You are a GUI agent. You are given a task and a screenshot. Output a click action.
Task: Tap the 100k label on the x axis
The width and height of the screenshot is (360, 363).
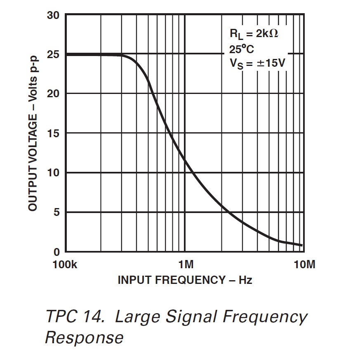(65, 265)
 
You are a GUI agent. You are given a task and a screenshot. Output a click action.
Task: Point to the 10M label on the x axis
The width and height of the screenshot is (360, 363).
(304, 265)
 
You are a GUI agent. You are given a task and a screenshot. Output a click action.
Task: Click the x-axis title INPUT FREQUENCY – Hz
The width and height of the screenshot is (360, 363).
(185, 280)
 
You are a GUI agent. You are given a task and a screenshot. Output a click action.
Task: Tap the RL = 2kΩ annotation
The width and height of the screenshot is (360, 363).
(254, 34)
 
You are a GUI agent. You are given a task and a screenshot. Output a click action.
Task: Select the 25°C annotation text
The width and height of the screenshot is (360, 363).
(242, 49)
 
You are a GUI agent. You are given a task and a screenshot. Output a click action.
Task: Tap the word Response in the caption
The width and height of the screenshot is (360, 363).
(84, 337)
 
